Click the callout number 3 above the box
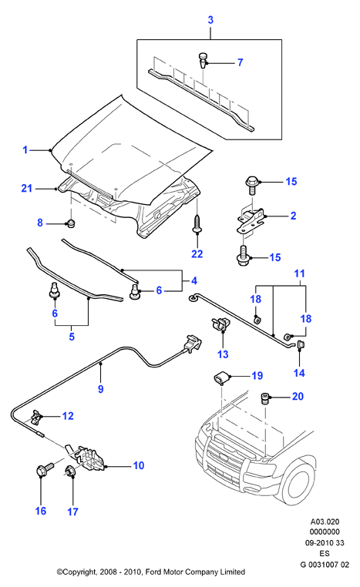(x=210, y=20)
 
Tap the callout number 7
(x=240, y=62)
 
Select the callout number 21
(x=27, y=188)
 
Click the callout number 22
(x=197, y=253)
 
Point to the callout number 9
(x=100, y=389)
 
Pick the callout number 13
(x=223, y=354)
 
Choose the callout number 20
(x=298, y=396)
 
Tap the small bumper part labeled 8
(x=70, y=223)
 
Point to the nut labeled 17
(x=69, y=471)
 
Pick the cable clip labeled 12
(x=35, y=418)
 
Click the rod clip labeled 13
(x=220, y=323)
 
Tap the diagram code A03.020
(x=325, y=522)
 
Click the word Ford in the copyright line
(x=153, y=572)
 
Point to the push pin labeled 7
(x=202, y=60)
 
